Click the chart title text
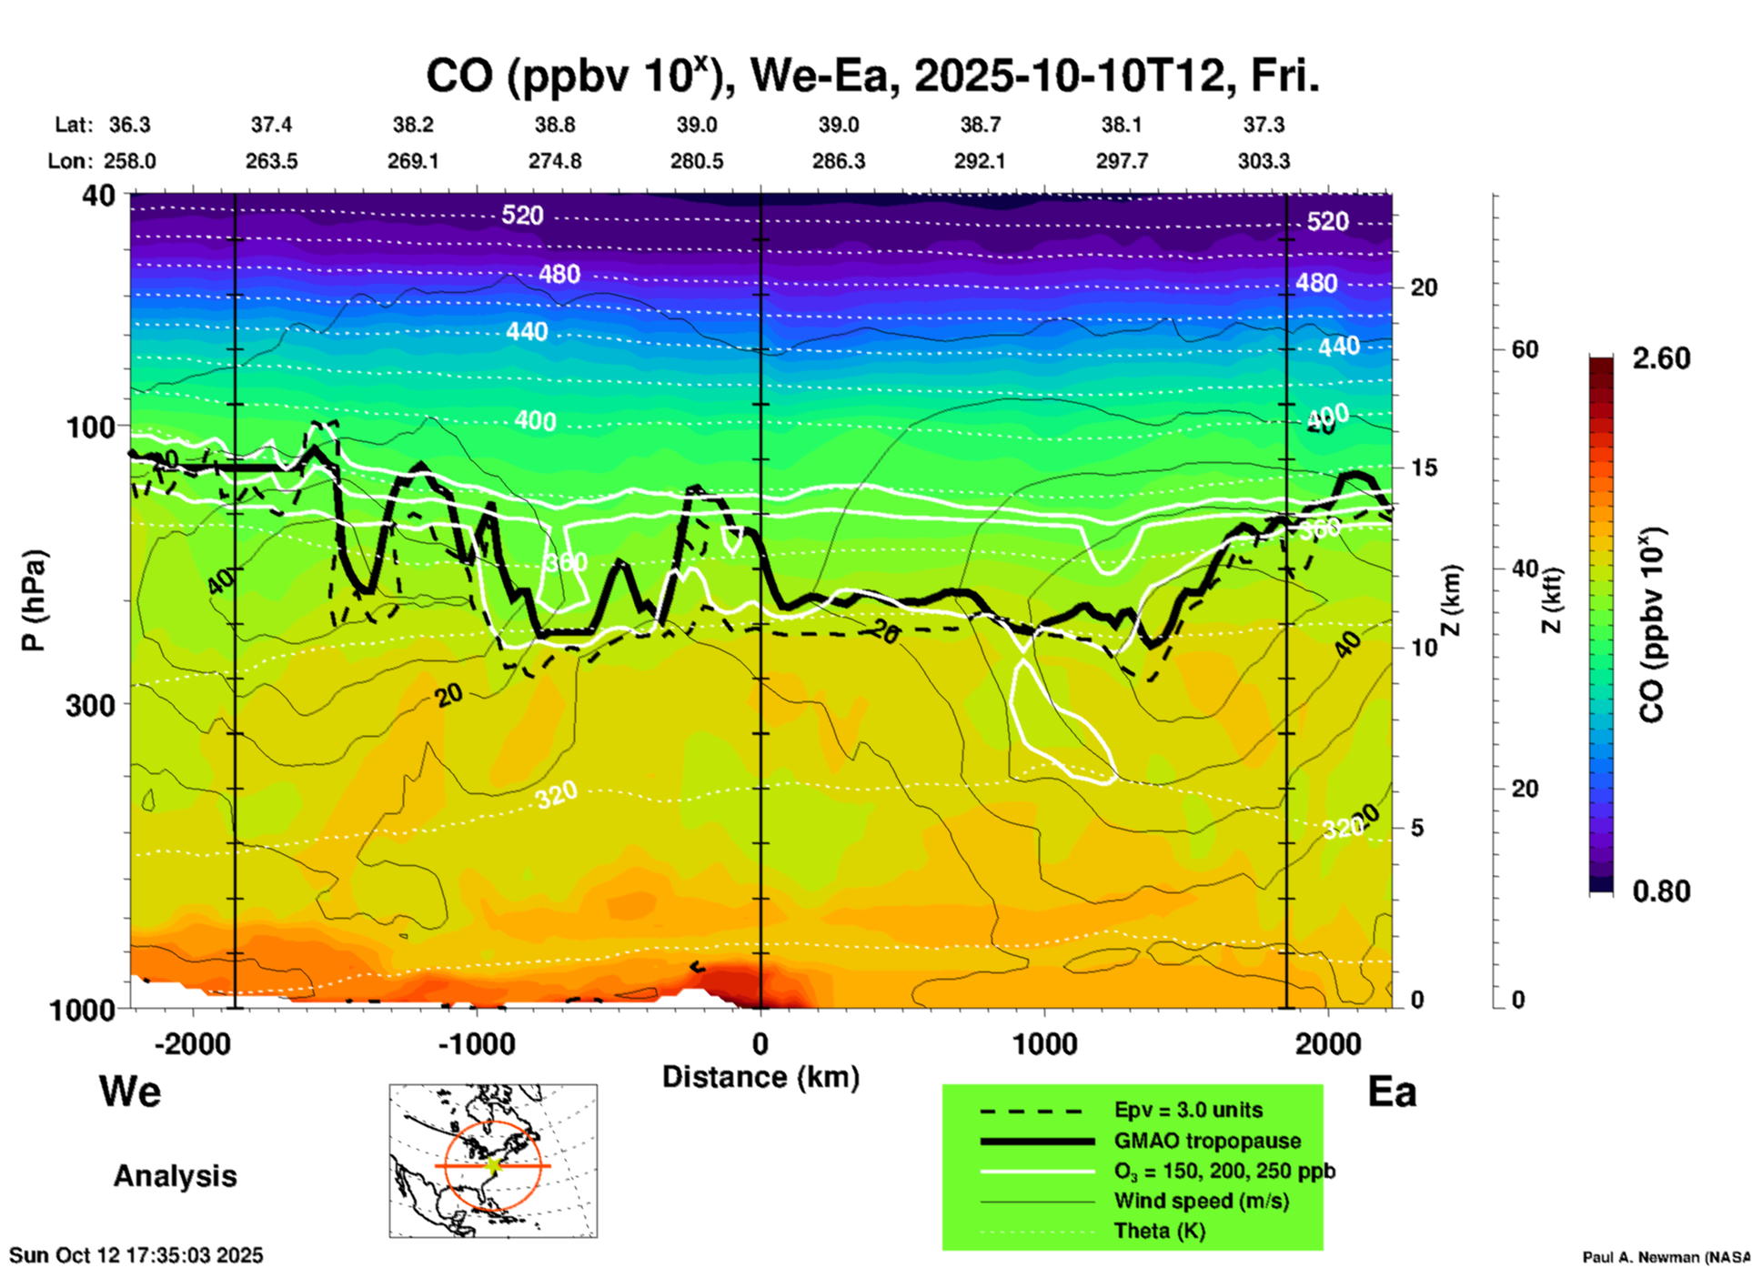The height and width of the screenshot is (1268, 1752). [x=871, y=76]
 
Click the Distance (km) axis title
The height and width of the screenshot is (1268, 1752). [x=760, y=1077]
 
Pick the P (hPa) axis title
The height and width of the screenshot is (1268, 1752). [x=34, y=600]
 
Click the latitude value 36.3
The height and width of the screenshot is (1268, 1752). [x=129, y=125]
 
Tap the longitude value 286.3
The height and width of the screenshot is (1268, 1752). [x=838, y=162]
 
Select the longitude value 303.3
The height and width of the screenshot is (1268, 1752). [x=1263, y=162]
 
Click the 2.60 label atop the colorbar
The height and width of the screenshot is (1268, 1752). [x=1660, y=358]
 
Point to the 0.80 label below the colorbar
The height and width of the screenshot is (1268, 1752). [x=1660, y=891]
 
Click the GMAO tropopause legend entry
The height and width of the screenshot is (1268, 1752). [x=1207, y=1141]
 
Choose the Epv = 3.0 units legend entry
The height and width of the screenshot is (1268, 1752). [x=1188, y=1111]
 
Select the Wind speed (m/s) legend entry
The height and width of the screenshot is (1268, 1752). [x=1201, y=1202]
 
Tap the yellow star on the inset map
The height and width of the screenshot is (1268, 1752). [x=494, y=1164]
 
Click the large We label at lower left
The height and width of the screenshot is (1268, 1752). [x=130, y=1091]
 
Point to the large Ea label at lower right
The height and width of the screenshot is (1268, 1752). [x=1392, y=1092]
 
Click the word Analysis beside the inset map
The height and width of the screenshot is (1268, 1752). [x=175, y=1176]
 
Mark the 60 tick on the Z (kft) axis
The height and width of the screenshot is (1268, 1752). [x=1525, y=349]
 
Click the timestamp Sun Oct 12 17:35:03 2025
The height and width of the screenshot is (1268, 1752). [x=136, y=1255]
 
